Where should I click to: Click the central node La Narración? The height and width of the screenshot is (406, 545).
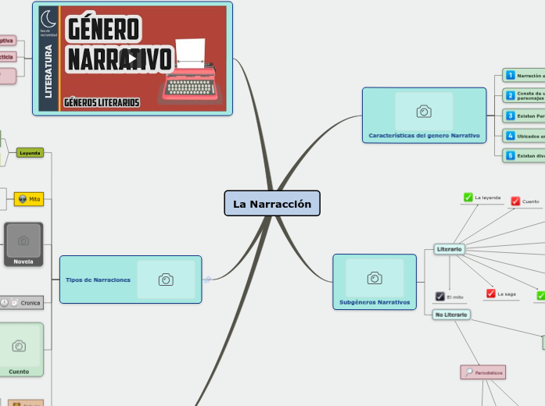(x=272, y=204)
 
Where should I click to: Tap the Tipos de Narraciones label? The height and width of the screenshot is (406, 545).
(x=98, y=280)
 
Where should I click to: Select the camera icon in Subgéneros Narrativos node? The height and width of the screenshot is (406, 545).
(x=375, y=278)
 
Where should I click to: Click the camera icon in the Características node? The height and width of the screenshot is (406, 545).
(x=424, y=112)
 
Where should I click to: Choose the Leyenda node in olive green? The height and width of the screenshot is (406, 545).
(x=30, y=153)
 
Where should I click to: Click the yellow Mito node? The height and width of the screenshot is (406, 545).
(x=29, y=200)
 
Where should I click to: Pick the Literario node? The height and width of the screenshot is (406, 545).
(x=449, y=249)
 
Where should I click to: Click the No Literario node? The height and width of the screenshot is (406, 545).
(x=451, y=315)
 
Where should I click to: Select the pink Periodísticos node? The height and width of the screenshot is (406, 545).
(x=482, y=372)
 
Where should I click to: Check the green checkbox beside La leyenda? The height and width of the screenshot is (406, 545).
(x=468, y=198)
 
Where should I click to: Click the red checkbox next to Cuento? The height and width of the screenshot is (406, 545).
(x=515, y=201)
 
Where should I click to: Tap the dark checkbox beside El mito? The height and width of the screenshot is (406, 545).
(x=440, y=297)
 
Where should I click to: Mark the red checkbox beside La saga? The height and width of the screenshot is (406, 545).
(x=490, y=294)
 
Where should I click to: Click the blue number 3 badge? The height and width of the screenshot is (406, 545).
(x=510, y=116)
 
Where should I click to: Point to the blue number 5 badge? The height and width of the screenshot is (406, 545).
(x=510, y=155)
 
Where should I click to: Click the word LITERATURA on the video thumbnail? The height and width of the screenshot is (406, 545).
(x=48, y=70)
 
